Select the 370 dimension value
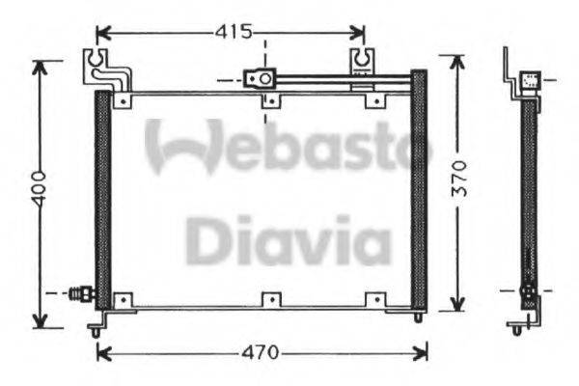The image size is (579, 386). point(459,179)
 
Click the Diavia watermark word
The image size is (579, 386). point(288,240)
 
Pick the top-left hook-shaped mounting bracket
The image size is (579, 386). point(99,65)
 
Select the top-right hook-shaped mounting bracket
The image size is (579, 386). point(364,62)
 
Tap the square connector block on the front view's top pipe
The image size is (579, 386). point(259,78)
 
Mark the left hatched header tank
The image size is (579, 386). point(102,198)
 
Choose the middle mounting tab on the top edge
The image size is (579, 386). point(271,99)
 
